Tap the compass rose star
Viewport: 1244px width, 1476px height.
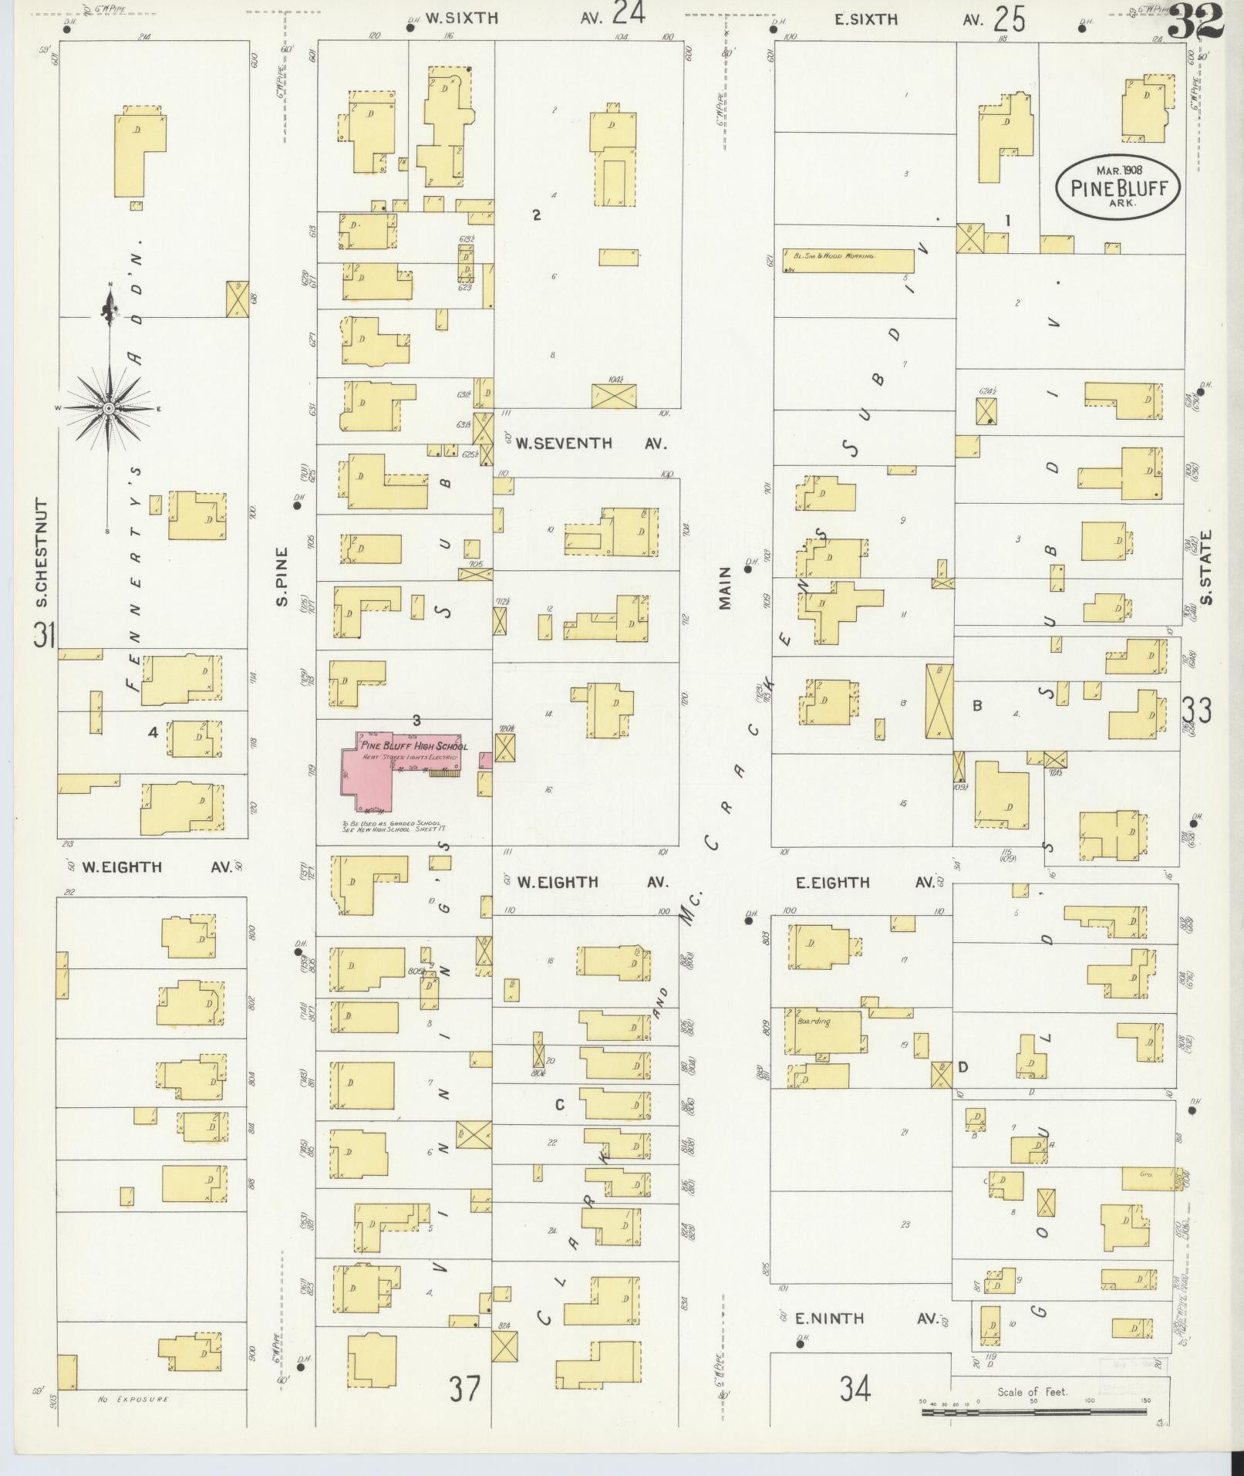(110, 407)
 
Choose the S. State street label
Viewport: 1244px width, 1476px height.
(1205, 567)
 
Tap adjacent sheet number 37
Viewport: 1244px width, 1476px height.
(465, 1390)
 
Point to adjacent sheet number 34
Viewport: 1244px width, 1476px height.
(855, 1390)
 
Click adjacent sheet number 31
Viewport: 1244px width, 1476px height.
(44, 637)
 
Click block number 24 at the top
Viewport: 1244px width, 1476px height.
(629, 14)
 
